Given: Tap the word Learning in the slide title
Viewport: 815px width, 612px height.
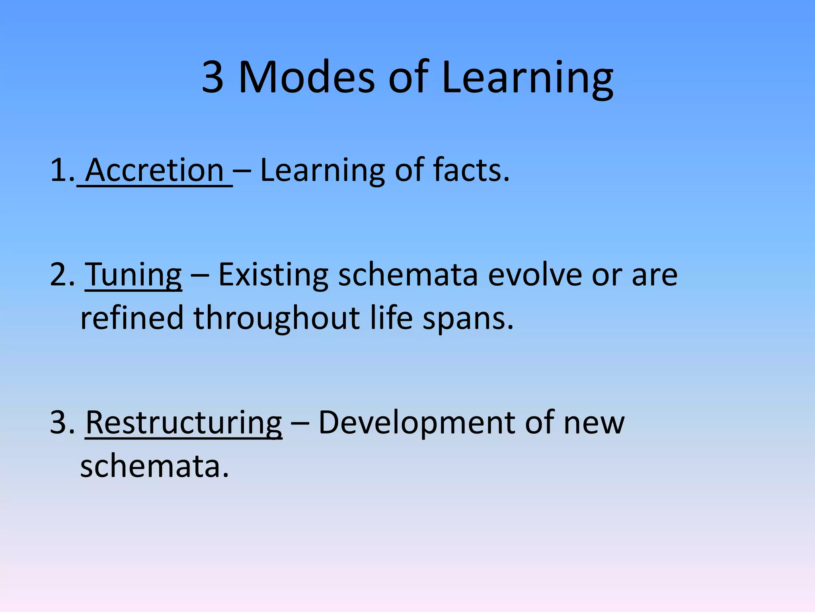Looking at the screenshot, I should (x=527, y=78).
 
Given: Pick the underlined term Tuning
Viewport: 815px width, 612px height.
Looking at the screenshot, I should (x=133, y=275).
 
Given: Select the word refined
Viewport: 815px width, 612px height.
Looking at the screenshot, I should (x=132, y=318).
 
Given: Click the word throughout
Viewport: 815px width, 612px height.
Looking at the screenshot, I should (x=277, y=318).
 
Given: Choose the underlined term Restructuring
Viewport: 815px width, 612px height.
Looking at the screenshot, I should (x=183, y=423).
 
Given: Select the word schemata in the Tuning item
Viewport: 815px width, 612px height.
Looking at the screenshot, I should (x=407, y=275).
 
